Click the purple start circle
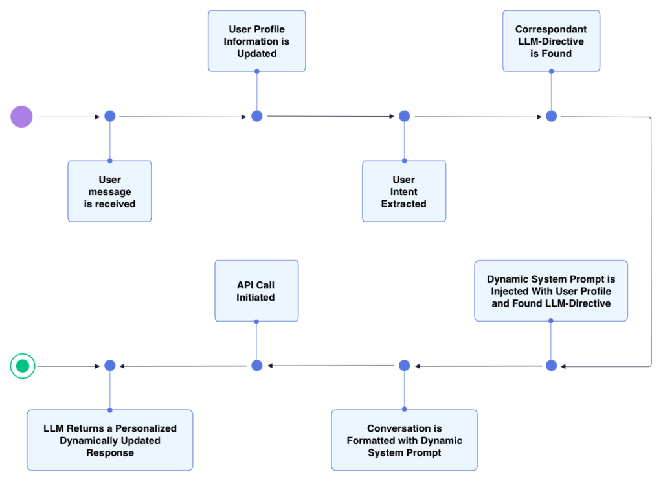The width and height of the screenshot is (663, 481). (21, 117)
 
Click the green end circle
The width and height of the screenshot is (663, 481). (22, 366)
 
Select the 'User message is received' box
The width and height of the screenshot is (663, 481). (109, 191)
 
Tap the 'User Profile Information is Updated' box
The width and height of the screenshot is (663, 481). (256, 41)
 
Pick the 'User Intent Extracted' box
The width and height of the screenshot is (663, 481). (404, 191)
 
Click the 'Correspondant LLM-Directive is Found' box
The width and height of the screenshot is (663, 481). (551, 41)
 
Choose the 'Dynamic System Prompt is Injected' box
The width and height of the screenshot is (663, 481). (551, 291)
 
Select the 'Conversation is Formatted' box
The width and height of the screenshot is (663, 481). (404, 440)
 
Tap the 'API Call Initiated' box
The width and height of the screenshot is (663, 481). (256, 291)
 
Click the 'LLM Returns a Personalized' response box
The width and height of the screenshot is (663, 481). (109, 440)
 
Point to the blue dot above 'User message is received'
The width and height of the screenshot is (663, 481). (109, 116)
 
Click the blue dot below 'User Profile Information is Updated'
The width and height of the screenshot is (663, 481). (256, 116)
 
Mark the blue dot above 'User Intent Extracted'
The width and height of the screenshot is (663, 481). (404, 116)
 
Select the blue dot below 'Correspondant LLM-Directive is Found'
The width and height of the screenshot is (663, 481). (551, 116)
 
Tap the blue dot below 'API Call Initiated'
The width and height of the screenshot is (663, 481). (256, 366)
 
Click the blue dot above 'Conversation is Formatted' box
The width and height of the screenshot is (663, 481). (404, 366)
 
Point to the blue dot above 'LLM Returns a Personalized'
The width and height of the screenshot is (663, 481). (109, 366)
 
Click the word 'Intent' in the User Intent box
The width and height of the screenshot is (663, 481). (404, 192)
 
